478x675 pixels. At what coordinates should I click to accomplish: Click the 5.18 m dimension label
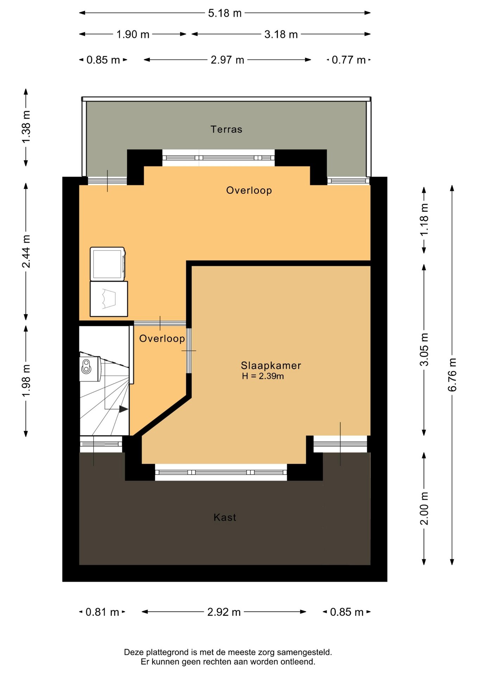pyautogui.click(x=225, y=13)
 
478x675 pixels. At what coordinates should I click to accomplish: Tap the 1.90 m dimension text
pyautogui.click(x=133, y=34)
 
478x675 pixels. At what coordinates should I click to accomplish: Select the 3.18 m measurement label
pyautogui.click(x=281, y=34)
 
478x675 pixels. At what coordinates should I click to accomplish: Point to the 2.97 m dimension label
pyautogui.click(x=227, y=60)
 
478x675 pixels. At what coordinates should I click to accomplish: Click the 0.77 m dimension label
pyautogui.click(x=348, y=60)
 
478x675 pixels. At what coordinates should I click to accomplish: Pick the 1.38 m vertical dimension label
pyautogui.click(x=26, y=127)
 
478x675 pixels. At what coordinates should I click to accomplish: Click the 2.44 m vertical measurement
pyautogui.click(x=26, y=251)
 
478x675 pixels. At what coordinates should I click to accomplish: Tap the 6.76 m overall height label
pyautogui.click(x=452, y=374)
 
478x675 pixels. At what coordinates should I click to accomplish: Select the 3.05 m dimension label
pyautogui.click(x=424, y=349)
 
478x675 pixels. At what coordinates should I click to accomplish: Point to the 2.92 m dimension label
pyautogui.click(x=224, y=612)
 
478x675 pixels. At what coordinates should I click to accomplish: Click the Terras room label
pyautogui.click(x=226, y=129)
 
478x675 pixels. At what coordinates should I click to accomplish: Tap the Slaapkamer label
pyautogui.click(x=271, y=366)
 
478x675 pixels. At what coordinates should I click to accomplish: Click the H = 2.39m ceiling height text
pyautogui.click(x=263, y=376)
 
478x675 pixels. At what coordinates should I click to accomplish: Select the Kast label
pyautogui.click(x=225, y=517)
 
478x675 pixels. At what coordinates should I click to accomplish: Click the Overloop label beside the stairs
pyautogui.click(x=162, y=339)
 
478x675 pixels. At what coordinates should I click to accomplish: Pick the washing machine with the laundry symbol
pyautogui.click(x=109, y=299)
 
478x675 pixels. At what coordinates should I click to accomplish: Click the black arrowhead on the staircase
pyautogui.click(x=124, y=409)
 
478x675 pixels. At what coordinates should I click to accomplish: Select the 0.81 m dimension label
pyautogui.click(x=102, y=612)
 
